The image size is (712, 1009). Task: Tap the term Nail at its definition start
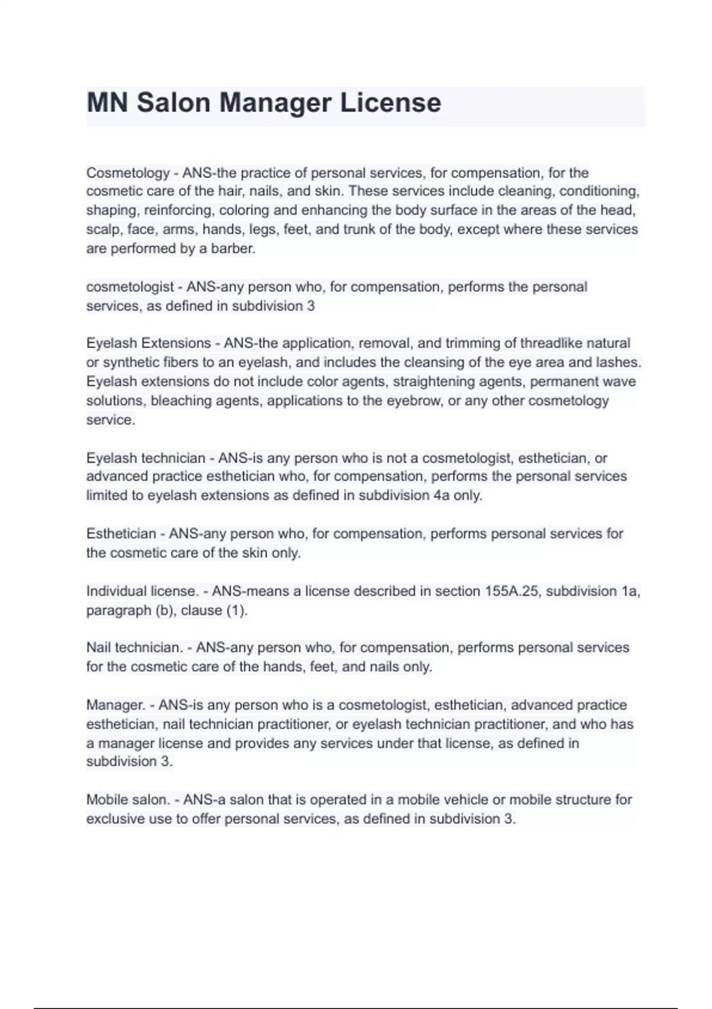pos(98,648)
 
